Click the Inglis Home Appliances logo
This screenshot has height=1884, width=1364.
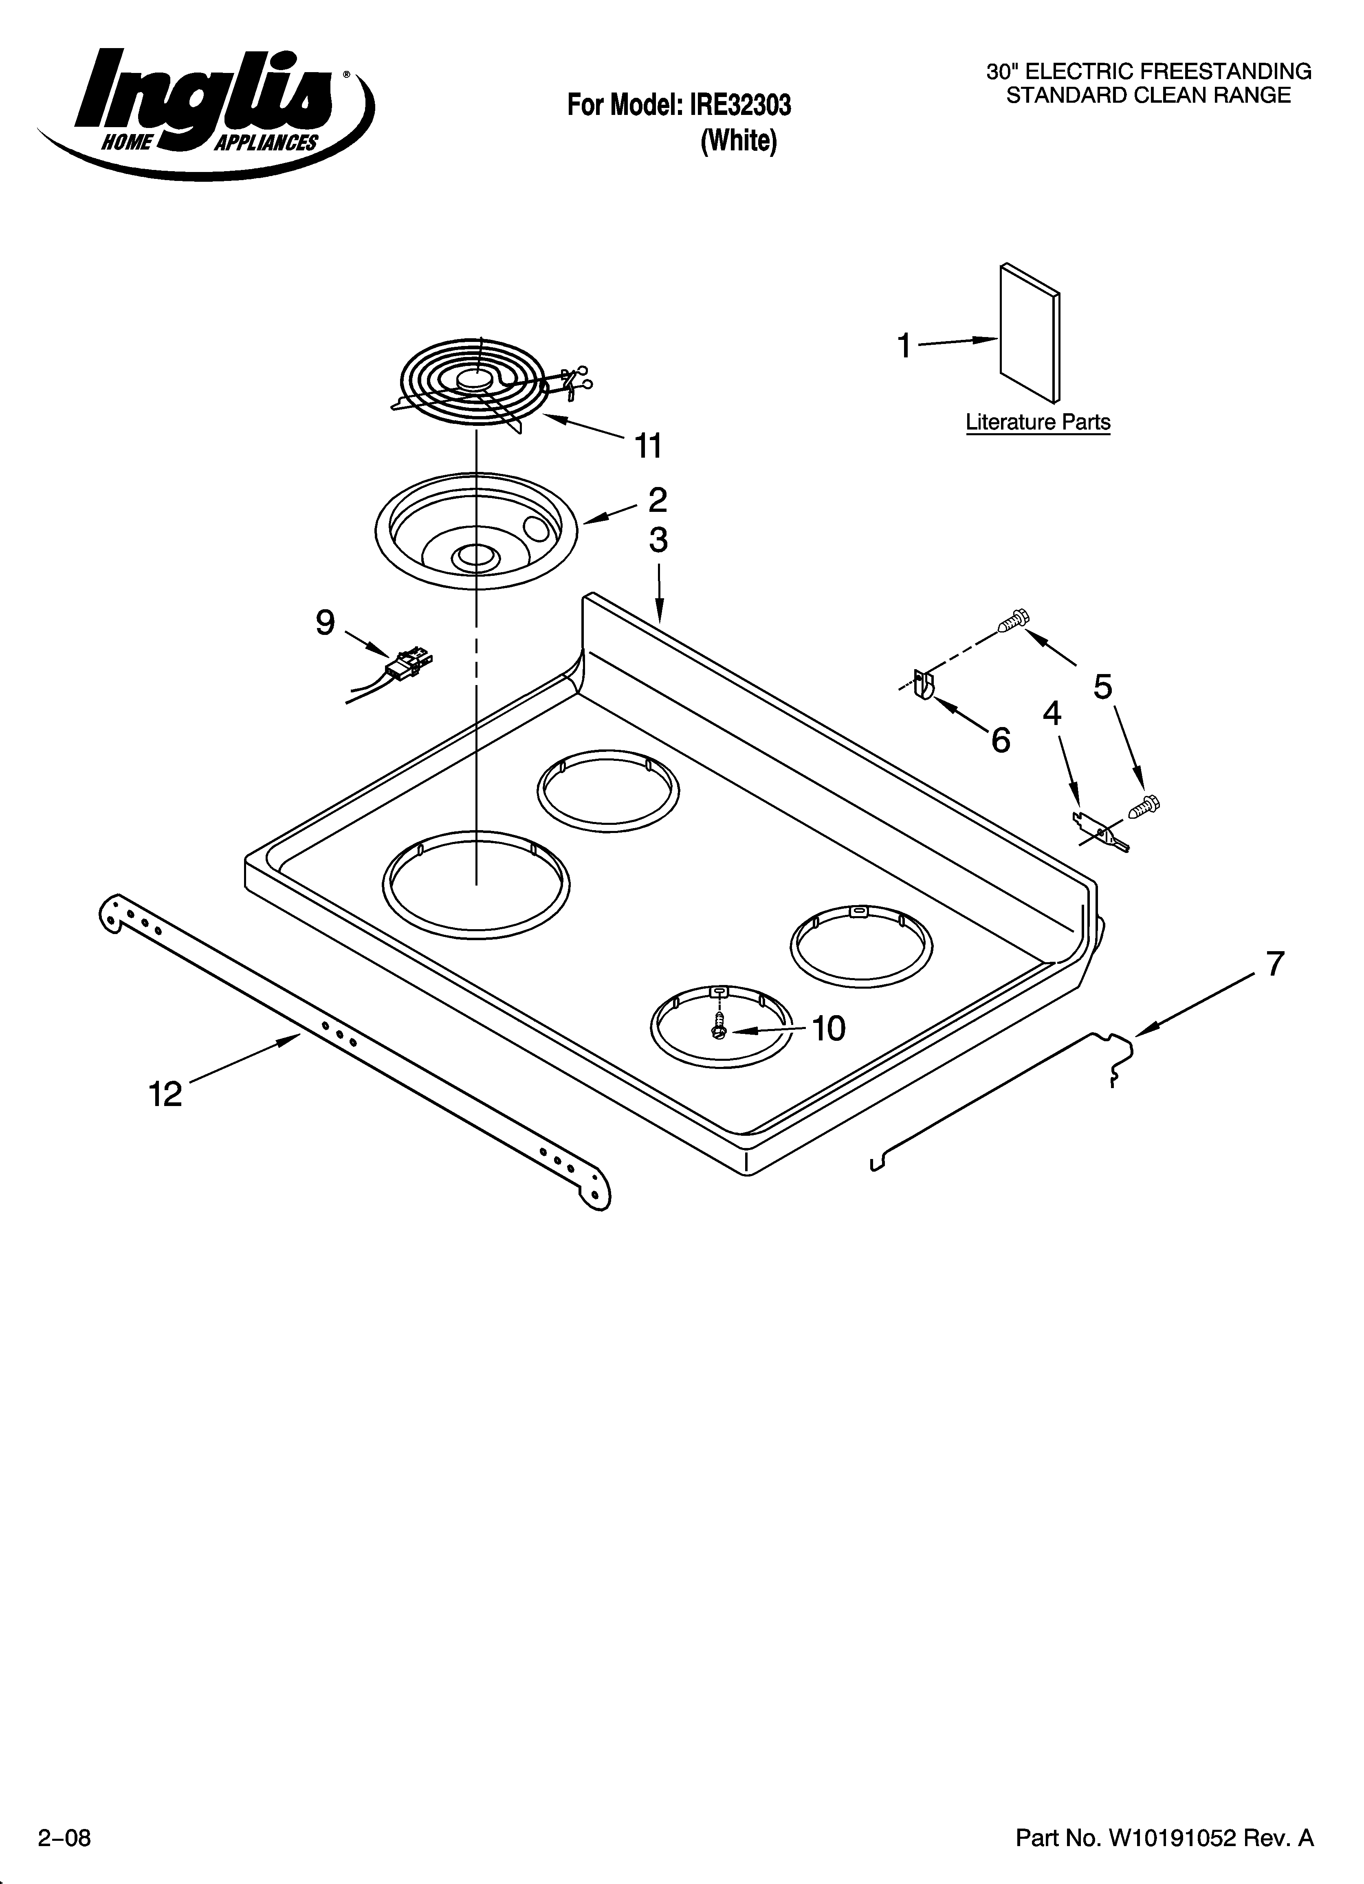(x=204, y=112)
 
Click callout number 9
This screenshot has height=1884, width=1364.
(x=325, y=622)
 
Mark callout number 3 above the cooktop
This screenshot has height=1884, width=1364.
(x=658, y=541)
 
